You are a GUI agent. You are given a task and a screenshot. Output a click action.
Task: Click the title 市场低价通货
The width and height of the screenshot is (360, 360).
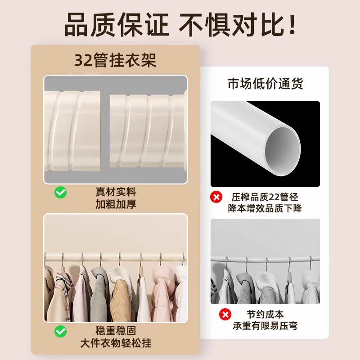(265, 84)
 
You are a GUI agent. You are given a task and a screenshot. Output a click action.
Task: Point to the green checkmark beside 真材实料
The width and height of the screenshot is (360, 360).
(61, 193)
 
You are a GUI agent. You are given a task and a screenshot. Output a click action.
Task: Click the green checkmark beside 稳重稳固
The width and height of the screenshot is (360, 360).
(61, 332)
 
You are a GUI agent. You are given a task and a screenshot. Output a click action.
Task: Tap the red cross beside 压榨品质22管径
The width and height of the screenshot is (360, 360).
(217, 197)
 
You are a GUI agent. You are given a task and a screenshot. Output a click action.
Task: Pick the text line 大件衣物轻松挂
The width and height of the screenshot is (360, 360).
(116, 343)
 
